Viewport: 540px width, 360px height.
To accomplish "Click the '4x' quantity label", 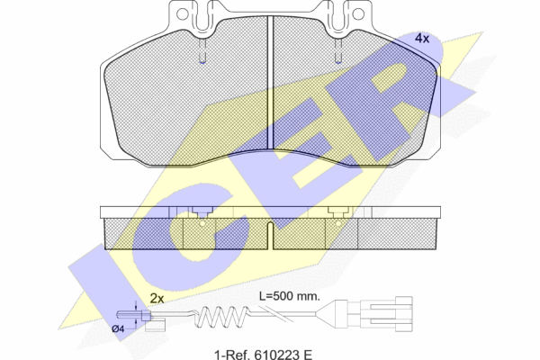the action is pyautogui.click(x=422, y=38).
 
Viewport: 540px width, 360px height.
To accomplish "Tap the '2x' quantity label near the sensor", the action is pyautogui.click(x=157, y=298).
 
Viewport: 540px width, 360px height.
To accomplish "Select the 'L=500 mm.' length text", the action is pyautogui.click(x=289, y=295).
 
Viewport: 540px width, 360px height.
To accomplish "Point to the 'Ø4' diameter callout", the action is pyautogui.click(x=118, y=328).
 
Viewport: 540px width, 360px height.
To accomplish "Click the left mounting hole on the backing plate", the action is pyautogui.click(x=182, y=13).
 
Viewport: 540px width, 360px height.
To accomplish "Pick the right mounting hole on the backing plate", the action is pyautogui.click(x=358, y=13).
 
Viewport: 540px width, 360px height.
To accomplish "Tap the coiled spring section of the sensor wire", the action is pyautogui.click(x=221, y=316).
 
